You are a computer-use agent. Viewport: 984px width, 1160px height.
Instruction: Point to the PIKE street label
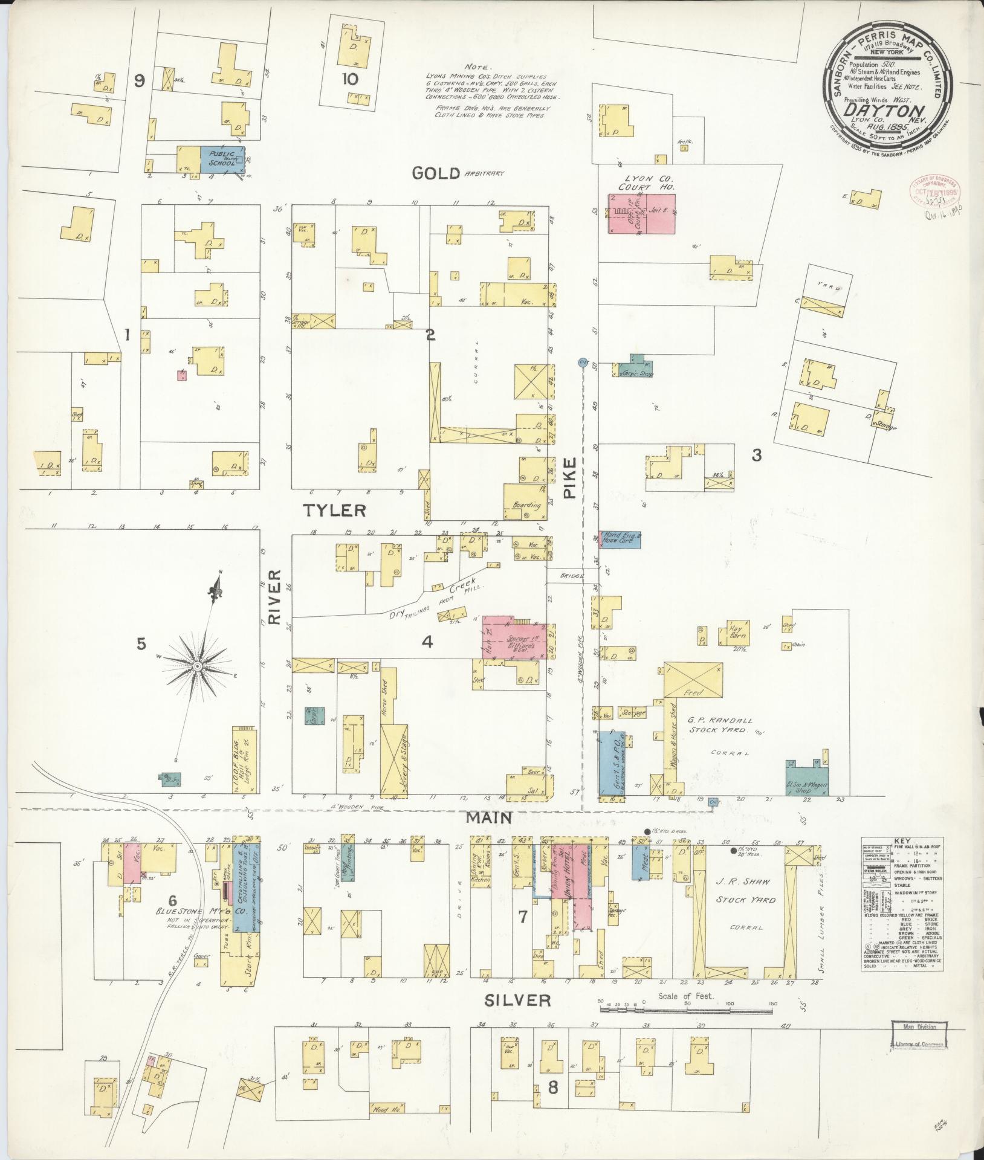click(x=571, y=477)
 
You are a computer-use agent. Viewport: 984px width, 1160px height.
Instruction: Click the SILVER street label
click(x=517, y=1000)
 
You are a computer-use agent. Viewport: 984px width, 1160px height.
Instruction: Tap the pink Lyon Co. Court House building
click(x=641, y=213)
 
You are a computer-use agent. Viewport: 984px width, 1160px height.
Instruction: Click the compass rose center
click(x=197, y=666)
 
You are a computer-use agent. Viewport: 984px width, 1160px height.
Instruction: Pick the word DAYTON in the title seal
click(x=885, y=111)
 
